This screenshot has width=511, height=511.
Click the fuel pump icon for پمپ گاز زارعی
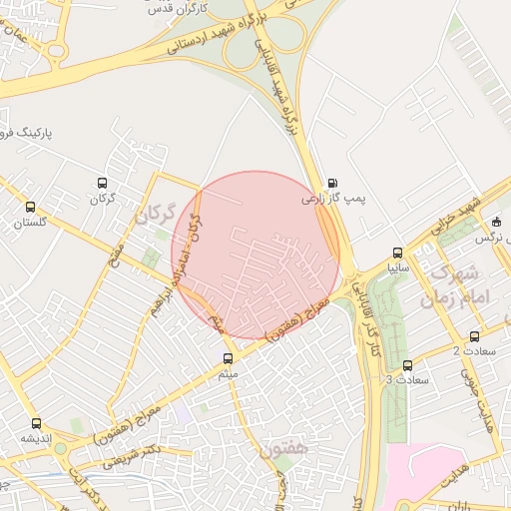331,184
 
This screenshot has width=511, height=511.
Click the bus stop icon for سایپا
399,254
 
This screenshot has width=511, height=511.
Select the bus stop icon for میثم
229,357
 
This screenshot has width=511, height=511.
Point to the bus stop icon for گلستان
31,208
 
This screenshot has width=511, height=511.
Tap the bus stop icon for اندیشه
37,423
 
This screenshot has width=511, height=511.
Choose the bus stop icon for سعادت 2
474,336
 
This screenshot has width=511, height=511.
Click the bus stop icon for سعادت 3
407,365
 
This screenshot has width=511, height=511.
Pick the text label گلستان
31,224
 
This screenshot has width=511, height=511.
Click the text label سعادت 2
472,351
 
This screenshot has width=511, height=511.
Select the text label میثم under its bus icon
229,373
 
